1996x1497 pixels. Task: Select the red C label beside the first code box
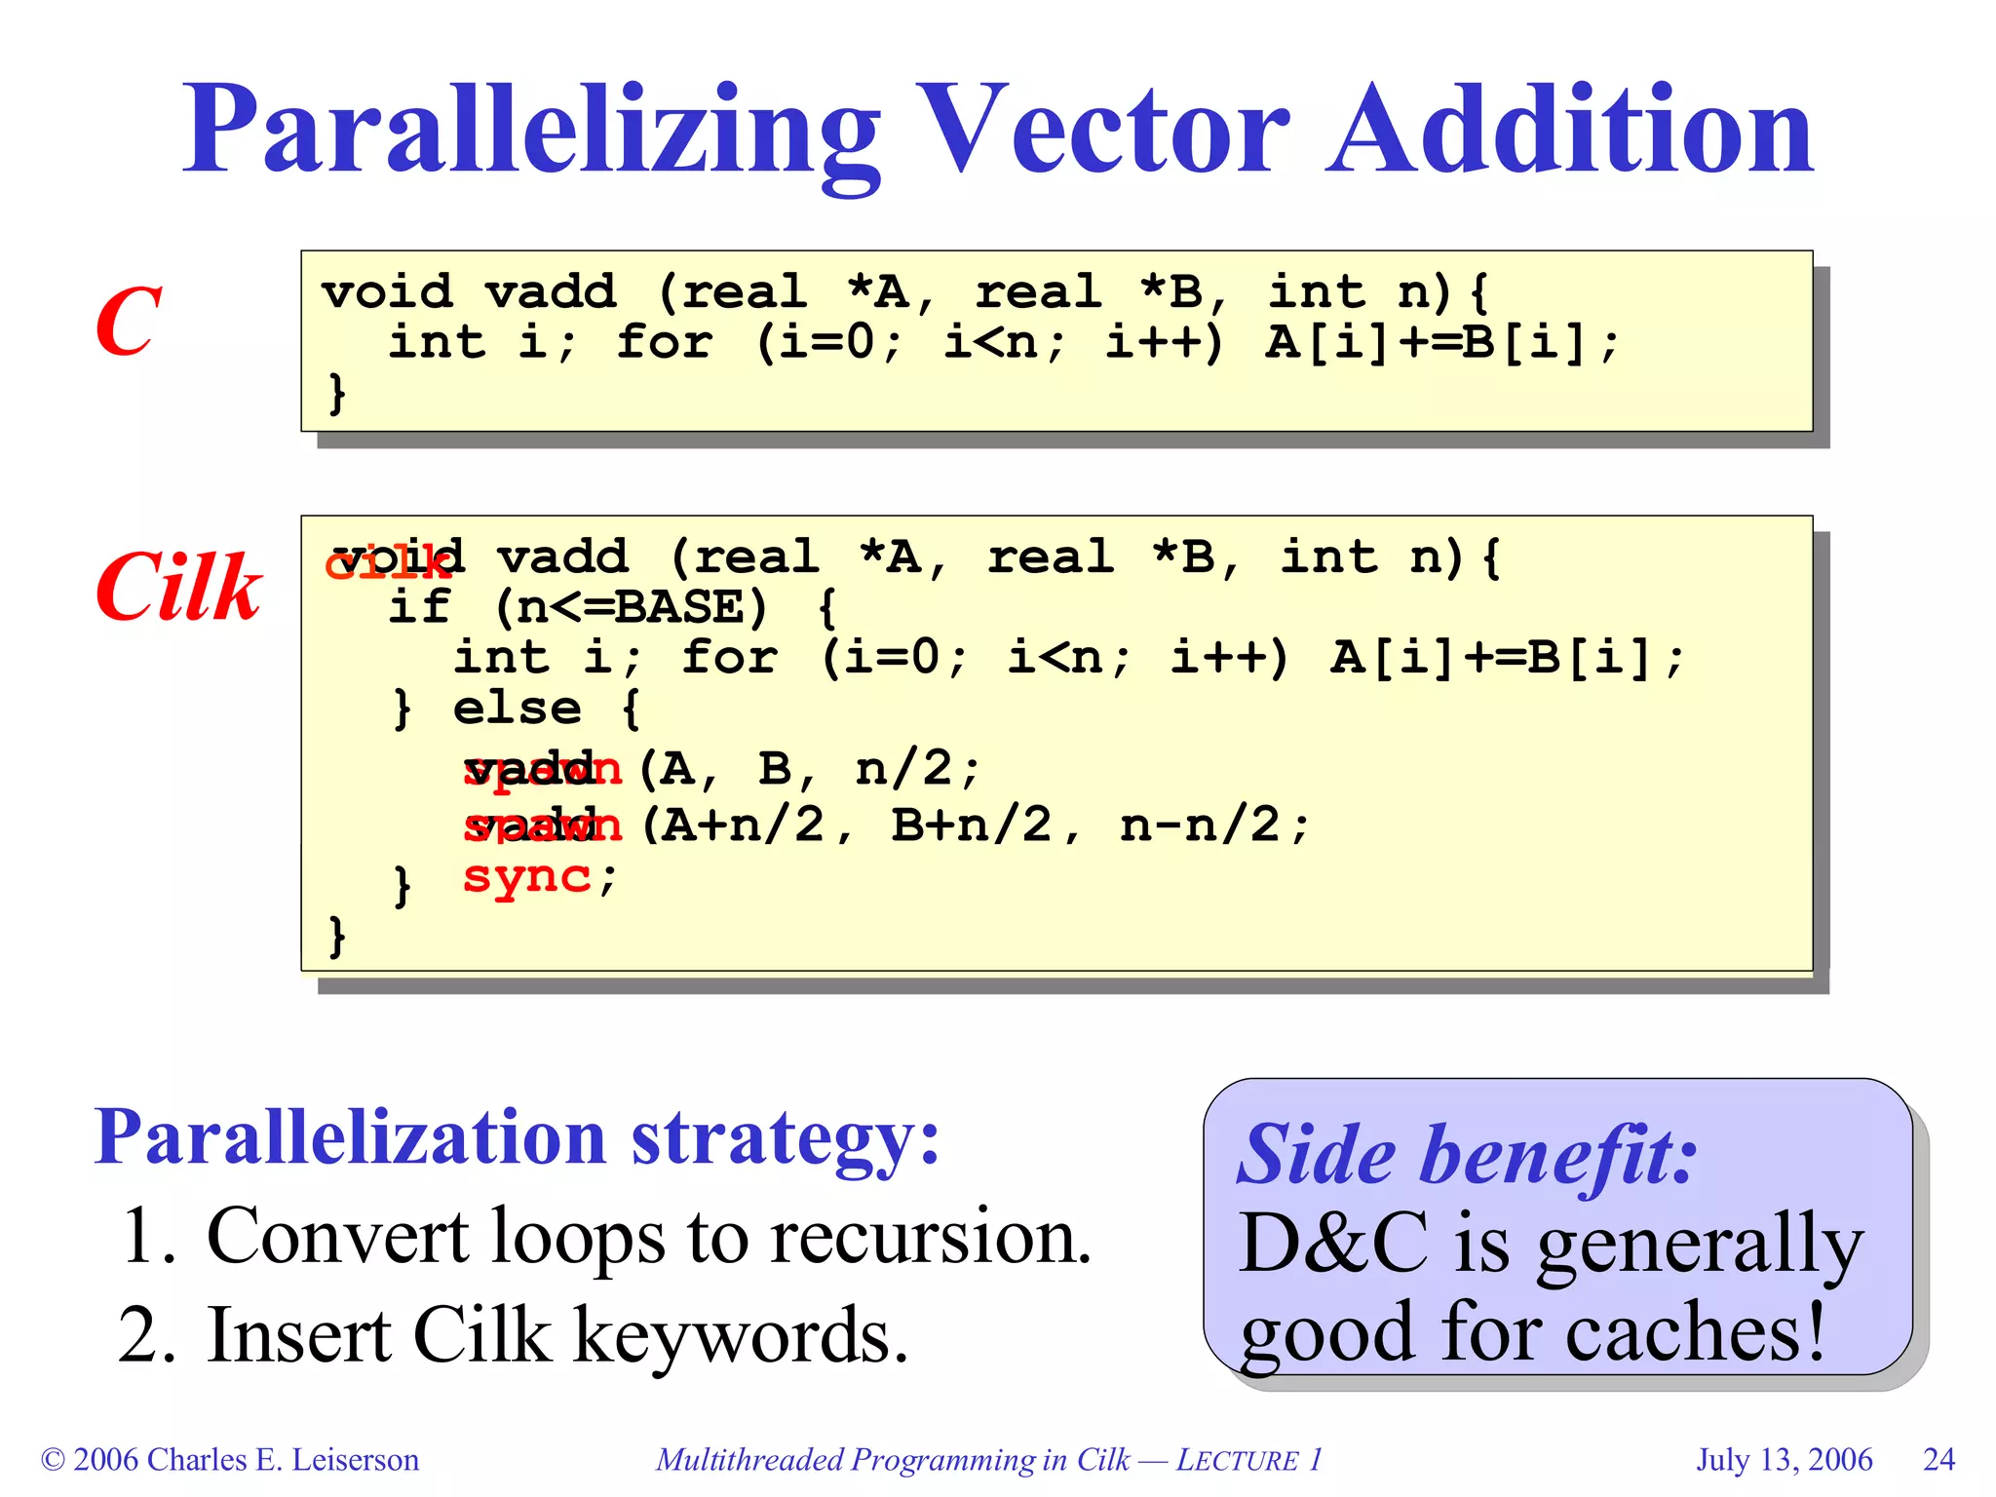(128, 322)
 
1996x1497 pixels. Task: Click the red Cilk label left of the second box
(178, 587)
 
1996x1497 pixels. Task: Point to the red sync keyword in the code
(526, 877)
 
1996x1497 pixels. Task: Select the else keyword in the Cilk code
(517, 709)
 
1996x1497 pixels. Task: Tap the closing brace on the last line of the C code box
(337, 393)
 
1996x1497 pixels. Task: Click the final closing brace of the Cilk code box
(337, 936)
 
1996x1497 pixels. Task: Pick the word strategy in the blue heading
(785, 1137)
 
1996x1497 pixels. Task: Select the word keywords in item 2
(741, 1335)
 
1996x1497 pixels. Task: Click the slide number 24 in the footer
(1938, 1459)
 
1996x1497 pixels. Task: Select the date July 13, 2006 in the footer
(1784, 1459)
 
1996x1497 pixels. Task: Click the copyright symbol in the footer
(53, 1460)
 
